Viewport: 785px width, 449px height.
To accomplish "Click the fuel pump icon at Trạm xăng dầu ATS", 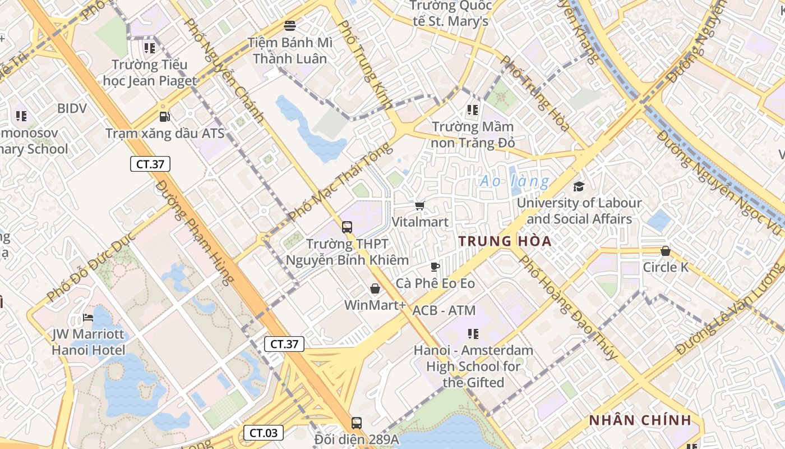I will (x=164, y=117).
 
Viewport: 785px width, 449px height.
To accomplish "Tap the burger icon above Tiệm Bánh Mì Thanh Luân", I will (x=290, y=25).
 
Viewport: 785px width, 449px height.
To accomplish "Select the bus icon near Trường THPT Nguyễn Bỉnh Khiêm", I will (x=347, y=227).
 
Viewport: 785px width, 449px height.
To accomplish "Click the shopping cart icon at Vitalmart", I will (x=420, y=206).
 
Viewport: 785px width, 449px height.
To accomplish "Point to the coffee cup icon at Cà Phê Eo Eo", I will (x=435, y=267).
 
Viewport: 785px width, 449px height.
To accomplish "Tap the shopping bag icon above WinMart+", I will (x=375, y=289).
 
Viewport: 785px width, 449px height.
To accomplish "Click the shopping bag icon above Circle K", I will (x=666, y=251).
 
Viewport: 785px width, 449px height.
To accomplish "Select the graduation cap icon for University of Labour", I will (x=579, y=187).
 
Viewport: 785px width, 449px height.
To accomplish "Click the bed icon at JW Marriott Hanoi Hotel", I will (x=88, y=318).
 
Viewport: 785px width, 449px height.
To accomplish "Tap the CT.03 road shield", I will (x=264, y=433).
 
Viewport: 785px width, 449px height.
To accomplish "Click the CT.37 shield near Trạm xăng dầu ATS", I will (x=150, y=164).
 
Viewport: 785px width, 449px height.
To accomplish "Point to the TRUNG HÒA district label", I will (x=505, y=241).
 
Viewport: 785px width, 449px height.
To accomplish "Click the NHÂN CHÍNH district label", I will (x=640, y=420).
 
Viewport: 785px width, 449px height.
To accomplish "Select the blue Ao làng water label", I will (x=515, y=181).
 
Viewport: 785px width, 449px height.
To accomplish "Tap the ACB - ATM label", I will (x=444, y=310).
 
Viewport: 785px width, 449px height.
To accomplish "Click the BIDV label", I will (x=72, y=108).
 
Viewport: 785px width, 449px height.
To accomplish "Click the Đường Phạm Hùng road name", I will (x=195, y=232).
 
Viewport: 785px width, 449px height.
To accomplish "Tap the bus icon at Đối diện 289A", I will (x=357, y=423).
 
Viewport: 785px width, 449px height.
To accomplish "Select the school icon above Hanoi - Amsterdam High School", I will (x=473, y=335).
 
